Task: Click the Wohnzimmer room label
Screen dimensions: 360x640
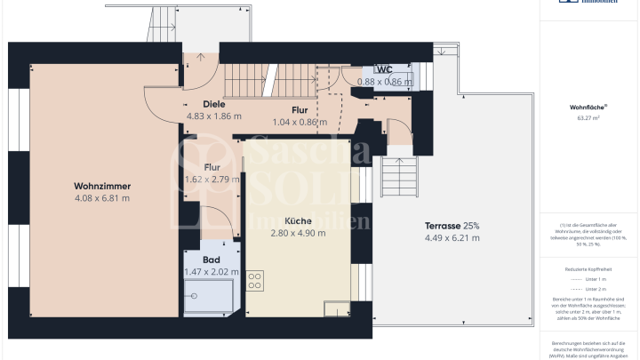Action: (102, 186)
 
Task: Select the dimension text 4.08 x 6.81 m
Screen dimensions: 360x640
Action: (102, 198)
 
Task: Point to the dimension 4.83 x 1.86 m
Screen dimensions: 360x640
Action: (213, 116)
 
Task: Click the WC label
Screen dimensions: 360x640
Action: (385, 69)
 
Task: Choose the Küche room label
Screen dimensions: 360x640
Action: (298, 220)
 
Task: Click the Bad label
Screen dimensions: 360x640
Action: (211, 260)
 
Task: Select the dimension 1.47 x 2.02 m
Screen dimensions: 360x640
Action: (211, 272)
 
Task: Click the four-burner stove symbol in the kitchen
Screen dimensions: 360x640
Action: (255, 282)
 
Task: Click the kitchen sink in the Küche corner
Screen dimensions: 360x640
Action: (336, 309)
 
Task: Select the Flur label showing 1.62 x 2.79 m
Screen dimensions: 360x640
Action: (212, 166)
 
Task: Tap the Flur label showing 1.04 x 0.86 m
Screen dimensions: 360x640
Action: (300, 110)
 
